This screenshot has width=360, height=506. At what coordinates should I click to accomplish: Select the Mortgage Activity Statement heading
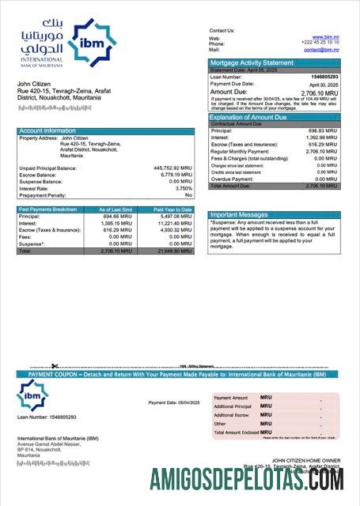click(x=251, y=62)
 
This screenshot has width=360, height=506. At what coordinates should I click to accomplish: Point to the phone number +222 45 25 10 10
click(x=322, y=43)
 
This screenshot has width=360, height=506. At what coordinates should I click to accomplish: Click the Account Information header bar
click(x=47, y=130)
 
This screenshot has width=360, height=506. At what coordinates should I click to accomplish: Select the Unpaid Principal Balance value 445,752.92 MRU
click(x=172, y=168)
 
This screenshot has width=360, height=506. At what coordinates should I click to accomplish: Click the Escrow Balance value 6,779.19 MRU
click(x=175, y=175)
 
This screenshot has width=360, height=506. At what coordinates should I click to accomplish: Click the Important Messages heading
click(x=240, y=215)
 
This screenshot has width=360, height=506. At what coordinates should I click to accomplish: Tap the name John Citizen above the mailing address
click(x=34, y=83)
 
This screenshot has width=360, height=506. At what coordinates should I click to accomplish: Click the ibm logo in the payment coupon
click(x=33, y=393)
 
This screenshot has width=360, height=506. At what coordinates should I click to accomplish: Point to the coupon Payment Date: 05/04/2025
click(x=174, y=402)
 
